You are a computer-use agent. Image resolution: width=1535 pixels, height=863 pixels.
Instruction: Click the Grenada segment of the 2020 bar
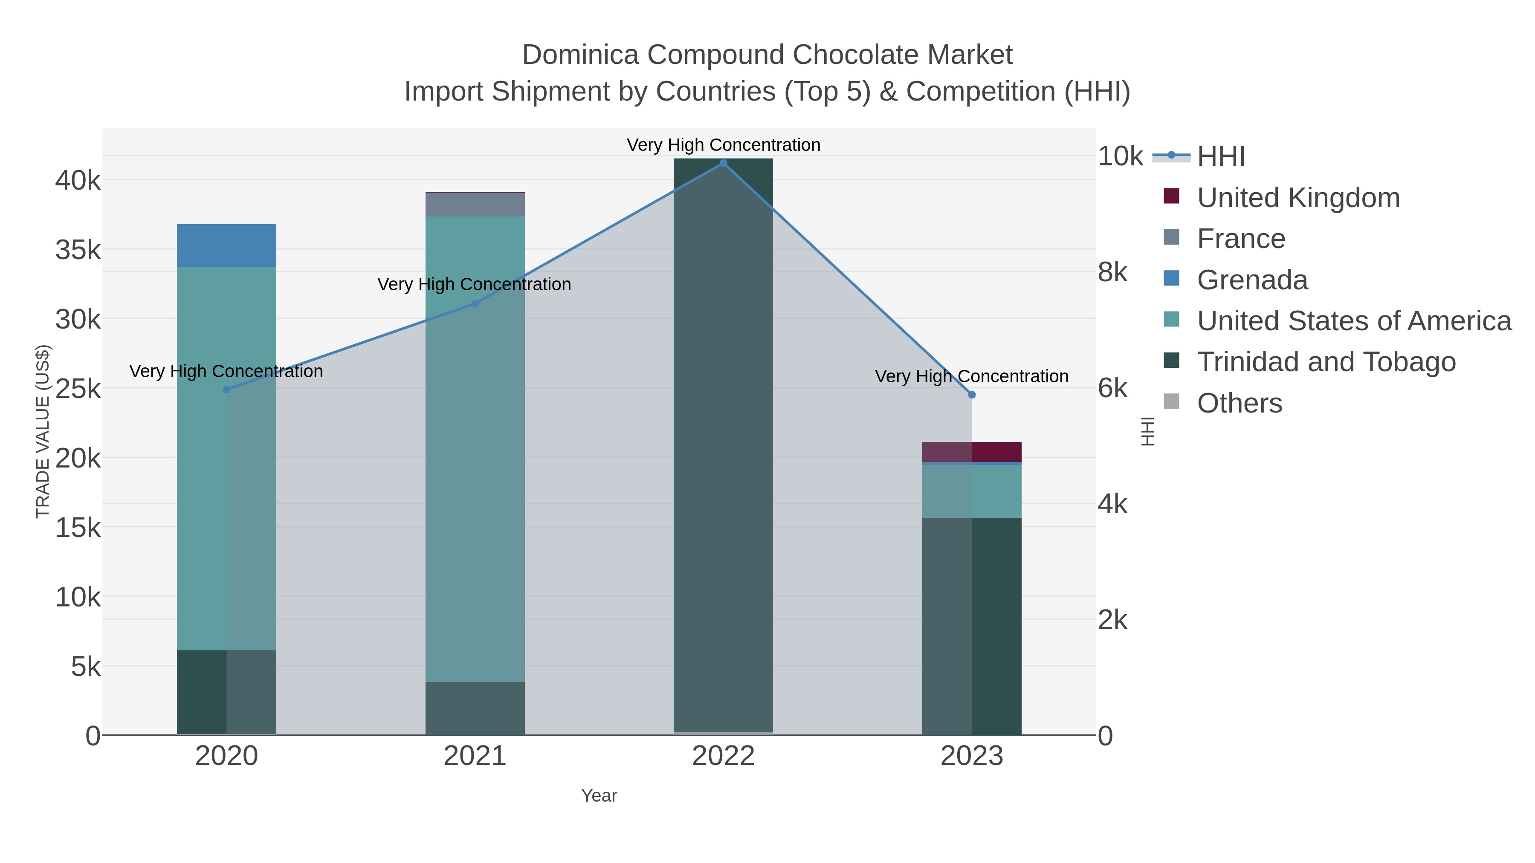coord(226,245)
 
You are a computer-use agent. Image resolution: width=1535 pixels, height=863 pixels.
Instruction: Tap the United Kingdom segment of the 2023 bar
coord(972,451)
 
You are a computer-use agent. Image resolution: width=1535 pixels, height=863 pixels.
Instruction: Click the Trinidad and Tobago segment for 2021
coord(475,708)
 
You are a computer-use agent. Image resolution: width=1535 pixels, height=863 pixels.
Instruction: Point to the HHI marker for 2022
coord(724,163)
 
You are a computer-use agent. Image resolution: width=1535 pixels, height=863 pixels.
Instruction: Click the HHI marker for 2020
coord(226,390)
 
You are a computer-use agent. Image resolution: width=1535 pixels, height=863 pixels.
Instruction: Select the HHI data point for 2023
coord(972,395)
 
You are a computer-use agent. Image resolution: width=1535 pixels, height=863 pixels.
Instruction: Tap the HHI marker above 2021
coord(475,304)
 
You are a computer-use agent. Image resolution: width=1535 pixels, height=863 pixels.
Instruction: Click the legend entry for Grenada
coord(1252,280)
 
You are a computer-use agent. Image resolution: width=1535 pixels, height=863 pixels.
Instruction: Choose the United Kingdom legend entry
coord(1298,198)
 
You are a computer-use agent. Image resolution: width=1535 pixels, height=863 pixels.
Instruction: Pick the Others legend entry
coord(1240,403)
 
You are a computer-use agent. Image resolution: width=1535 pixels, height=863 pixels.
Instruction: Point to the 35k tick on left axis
coord(78,250)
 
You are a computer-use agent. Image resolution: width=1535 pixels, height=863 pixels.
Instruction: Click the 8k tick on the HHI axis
coord(1112,272)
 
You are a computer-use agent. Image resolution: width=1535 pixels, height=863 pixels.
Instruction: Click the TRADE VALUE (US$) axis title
coord(43,431)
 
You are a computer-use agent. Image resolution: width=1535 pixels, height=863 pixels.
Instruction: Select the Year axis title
coord(599,796)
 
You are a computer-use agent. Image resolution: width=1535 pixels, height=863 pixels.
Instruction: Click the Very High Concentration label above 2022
coord(724,145)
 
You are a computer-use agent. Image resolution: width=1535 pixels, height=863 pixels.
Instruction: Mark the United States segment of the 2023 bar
coord(972,491)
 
